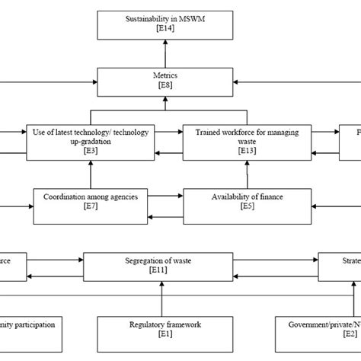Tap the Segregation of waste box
click(x=161, y=266)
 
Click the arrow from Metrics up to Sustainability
click(x=165, y=53)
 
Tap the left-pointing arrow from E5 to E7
click(x=168, y=217)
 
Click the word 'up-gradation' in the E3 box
click(x=89, y=142)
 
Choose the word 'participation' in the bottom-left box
click(x=31, y=324)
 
